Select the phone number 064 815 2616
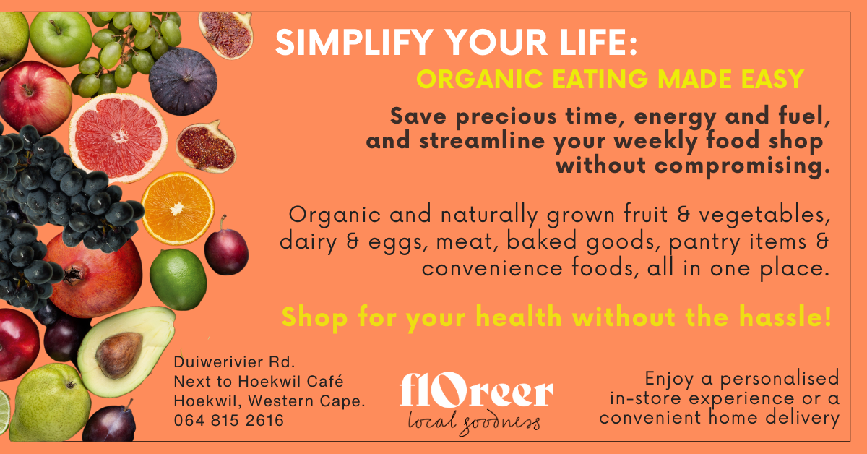pyautogui.click(x=229, y=420)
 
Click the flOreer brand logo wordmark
pyautogui.click(x=476, y=390)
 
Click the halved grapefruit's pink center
pyautogui.click(x=119, y=136)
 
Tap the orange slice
pyautogui.click(x=178, y=208)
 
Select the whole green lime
pyautogui.click(x=178, y=279)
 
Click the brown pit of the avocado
pyautogui.click(x=118, y=355)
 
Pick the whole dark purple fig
pyautogui.click(x=183, y=82)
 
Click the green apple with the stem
pyautogui.click(x=61, y=39)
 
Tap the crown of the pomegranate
pyautogui.click(x=74, y=274)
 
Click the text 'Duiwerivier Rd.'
pyautogui.click(x=234, y=362)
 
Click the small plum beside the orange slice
pyautogui.click(x=226, y=251)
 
